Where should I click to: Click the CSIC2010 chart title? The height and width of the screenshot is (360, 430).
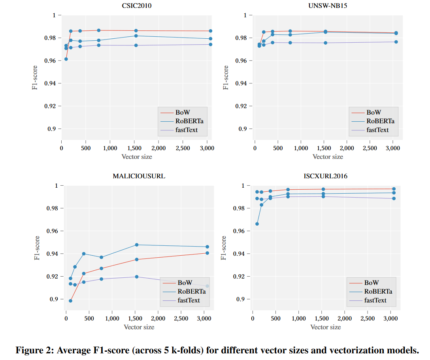point(136,6)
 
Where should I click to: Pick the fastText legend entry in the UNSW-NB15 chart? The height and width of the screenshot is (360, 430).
point(377,130)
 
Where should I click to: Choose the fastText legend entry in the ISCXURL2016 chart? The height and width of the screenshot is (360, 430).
point(375,300)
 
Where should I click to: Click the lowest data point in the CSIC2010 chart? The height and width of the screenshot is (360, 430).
point(66,59)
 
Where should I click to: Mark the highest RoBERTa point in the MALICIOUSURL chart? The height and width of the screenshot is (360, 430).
point(137,245)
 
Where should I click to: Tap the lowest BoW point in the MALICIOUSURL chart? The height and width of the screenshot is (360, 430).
point(70,301)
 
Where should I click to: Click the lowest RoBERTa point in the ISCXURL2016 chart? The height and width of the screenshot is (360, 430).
point(257,224)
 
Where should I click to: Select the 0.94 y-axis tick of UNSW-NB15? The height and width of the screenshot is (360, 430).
point(241,83)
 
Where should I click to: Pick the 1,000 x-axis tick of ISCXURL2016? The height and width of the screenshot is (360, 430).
point(298,318)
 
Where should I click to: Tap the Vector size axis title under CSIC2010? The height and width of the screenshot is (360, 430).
point(136,156)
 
